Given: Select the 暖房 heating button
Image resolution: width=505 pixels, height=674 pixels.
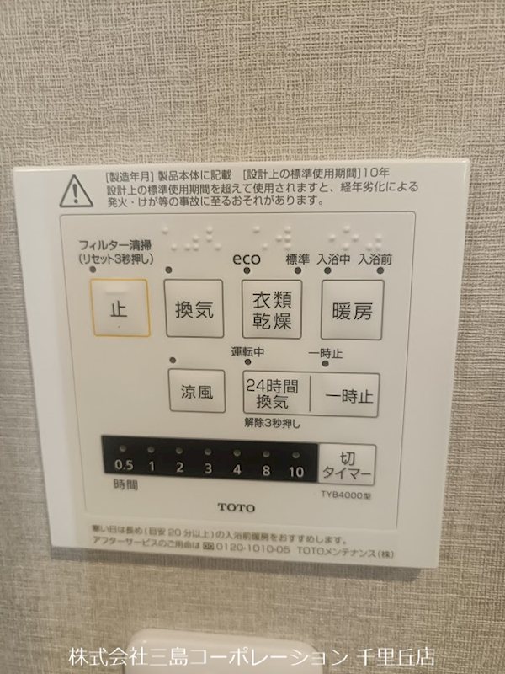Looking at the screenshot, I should tap(352, 309).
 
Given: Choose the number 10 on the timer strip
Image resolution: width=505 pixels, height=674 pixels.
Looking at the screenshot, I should tap(295, 472).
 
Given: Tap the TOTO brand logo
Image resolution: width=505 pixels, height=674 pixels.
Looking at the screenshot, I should tap(235, 507).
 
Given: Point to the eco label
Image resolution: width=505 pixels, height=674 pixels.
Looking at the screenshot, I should tap(247, 259).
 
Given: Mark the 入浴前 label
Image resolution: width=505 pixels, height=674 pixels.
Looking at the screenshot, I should tap(375, 259).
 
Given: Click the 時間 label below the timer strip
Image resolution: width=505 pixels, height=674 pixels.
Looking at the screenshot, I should tap(125, 487).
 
